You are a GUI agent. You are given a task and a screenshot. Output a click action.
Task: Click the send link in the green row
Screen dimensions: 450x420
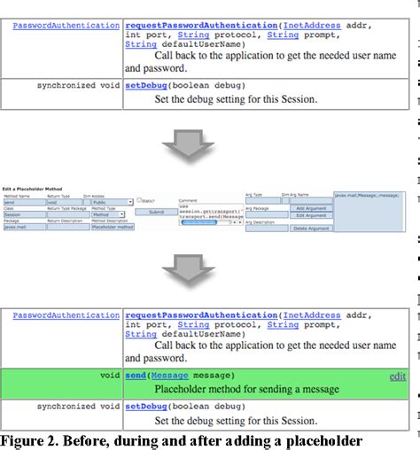click(136, 376)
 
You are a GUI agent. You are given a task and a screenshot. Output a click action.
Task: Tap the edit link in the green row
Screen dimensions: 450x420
click(398, 376)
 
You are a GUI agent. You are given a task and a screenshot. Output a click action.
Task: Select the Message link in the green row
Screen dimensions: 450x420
click(170, 376)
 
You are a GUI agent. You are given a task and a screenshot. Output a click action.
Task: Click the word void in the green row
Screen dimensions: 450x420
click(109, 376)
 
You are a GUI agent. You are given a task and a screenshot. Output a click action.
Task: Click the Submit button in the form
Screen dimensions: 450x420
click(156, 213)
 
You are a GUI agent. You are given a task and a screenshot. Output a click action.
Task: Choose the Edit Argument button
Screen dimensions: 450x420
click(311, 215)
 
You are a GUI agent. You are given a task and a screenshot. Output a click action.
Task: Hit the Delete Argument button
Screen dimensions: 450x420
click(311, 229)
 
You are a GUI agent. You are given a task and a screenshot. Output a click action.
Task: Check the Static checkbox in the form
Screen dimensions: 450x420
click(139, 200)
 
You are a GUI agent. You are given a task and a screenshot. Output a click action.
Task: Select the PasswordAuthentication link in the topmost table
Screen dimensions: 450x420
click(66, 26)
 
